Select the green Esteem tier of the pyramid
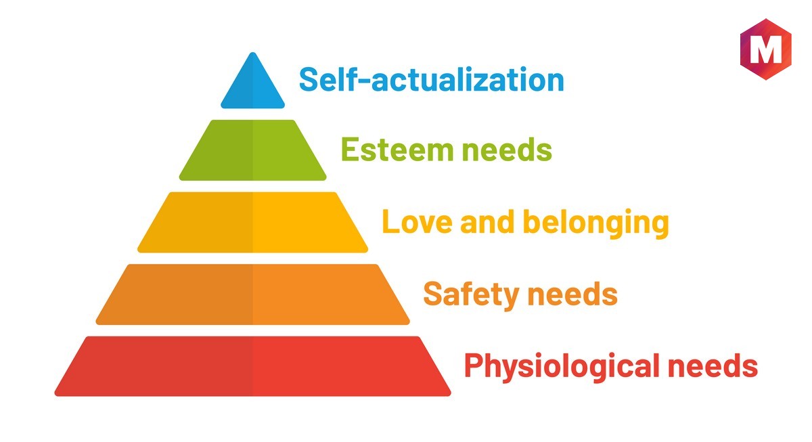pos(252,150)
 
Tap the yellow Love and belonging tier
pos(252,222)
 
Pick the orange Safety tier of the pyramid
pos(252,294)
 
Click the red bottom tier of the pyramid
pos(252,366)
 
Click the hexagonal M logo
pos(765,49)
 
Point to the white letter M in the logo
pos(765,49)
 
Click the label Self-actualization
pos(432,79)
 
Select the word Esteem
pos(397,149)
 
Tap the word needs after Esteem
pos(507,149)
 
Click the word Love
pos(418,221)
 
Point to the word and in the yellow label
pos(487,221)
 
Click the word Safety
pos(471,295)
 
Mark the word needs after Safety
pos(572,293)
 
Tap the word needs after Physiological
pos(713,366)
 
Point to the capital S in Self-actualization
pos(310,79)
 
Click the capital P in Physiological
pos(474,365)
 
